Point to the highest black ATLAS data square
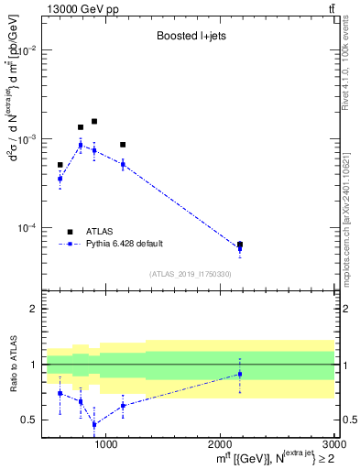(93, 121)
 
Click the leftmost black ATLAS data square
(60, 165)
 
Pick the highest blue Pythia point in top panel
(81, 145)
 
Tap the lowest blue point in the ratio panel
(93, 424)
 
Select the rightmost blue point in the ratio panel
(240, 374)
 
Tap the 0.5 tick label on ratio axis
(30, 420)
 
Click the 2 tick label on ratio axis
(34, 310)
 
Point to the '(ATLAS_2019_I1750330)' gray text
(190, 274)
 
